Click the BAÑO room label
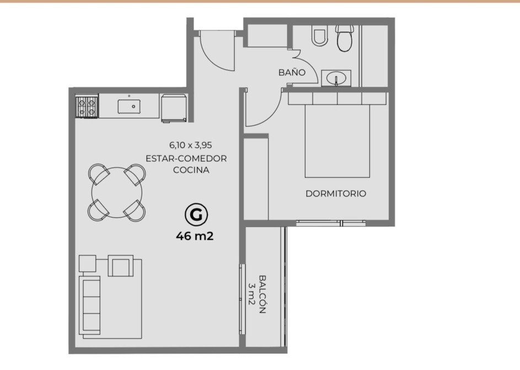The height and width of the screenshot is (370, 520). click(292, 72)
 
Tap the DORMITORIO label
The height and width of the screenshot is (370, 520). click(336, 193)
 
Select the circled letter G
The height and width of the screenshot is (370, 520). click(196, 215)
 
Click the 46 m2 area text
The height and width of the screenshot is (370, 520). click(195, 236)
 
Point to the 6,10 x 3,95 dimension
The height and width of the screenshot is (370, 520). click(190, 145)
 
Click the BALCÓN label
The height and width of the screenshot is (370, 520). click(262, 294)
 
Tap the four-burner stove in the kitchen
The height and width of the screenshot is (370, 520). click(87, 107)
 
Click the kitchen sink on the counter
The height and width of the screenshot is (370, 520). click(129, 106)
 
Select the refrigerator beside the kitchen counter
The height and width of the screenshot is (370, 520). click(174, 108)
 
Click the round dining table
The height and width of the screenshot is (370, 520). click(117, 193)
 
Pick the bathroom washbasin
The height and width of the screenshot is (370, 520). click(336, 78)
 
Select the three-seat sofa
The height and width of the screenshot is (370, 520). click(90, 305)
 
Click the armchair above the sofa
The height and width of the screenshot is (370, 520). click(121, 266)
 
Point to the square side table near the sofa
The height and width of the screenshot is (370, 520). click(88, 263)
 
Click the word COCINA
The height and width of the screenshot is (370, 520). click(191, 170)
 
